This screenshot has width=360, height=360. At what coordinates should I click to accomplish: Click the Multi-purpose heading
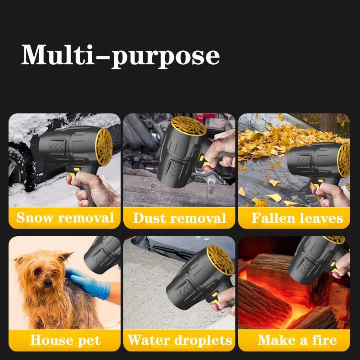121,56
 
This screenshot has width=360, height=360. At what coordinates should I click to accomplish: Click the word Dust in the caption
150,219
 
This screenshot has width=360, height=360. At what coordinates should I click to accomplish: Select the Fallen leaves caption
297,219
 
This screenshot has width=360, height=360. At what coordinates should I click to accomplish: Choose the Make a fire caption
297,340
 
